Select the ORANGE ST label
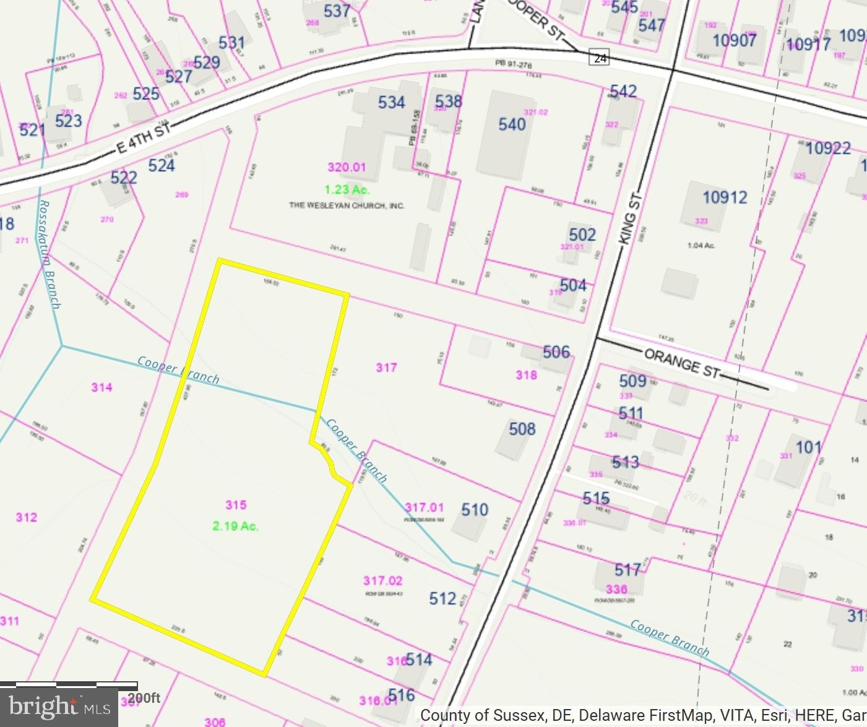682,363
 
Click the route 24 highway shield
600,58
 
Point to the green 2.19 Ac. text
235,527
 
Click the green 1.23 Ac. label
347,190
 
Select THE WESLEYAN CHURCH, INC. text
347,205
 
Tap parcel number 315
236,505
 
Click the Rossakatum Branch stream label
50,254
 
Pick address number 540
512,124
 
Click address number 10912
725,197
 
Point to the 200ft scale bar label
144,699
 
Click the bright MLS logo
59,707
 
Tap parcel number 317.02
382,580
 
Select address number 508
522,429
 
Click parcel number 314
101,387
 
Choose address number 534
391,102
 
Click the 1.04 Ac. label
701,246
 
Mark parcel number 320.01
347,167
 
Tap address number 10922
828,148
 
